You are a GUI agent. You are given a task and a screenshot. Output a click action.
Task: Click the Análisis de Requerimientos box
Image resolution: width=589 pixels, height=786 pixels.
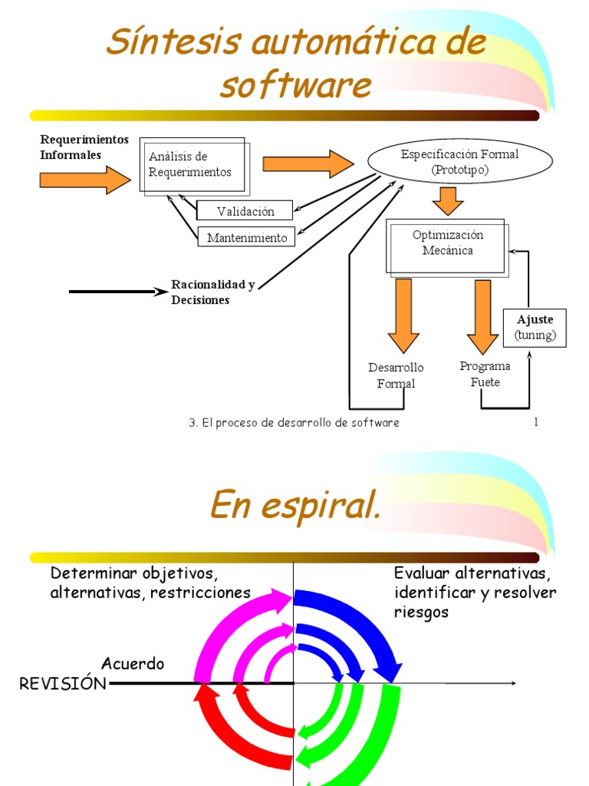point(192,165)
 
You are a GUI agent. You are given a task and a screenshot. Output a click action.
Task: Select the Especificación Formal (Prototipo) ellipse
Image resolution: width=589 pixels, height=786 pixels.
point(459,162)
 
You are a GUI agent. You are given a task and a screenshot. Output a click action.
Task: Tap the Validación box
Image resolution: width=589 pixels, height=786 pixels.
point(245,211)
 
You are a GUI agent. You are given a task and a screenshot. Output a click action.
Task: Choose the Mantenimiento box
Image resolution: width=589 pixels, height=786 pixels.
point(247,238)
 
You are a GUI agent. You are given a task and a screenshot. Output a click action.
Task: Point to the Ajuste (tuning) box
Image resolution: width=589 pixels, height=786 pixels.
point(535,328)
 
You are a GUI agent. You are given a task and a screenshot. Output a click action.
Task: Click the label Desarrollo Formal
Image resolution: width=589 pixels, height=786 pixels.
point(396,375)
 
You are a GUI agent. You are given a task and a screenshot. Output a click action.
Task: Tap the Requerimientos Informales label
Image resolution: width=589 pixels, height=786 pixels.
point(84,147)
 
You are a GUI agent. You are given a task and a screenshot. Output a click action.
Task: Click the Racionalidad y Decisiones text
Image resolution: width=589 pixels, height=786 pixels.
point(212,292)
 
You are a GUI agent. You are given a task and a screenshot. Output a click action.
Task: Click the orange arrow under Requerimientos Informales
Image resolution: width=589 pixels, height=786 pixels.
point(85,180)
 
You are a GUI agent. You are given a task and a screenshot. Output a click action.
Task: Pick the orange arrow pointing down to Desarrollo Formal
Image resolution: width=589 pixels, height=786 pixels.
point(403,315)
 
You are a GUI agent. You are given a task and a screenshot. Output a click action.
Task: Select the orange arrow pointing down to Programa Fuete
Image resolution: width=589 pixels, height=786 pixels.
point(482,315)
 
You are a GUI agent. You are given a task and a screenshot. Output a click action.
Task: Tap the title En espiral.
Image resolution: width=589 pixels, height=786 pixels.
point(294,506)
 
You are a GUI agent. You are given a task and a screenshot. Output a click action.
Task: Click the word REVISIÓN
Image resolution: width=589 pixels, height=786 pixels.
point(63,684)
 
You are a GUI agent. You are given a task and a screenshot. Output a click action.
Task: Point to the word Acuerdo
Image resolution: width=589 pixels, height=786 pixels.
point(133,663)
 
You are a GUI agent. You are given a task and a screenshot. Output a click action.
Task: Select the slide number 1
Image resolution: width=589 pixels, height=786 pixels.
point(536,422)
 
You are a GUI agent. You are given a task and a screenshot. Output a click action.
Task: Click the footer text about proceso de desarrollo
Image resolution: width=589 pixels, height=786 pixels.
point(294,423)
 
